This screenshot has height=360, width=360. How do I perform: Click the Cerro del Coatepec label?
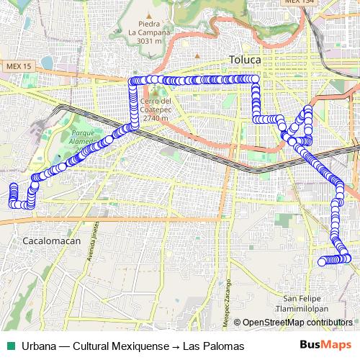pyautogui.click(x=156, y=105)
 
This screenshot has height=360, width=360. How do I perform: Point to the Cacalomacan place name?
pyautogui.click(x=52, y=240)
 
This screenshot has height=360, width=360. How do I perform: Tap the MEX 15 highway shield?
pyautogui.click(x=19, y=66)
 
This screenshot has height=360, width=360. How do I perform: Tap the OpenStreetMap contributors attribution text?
pyautogui.click(x=297, y=323)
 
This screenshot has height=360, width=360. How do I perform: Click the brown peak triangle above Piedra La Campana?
pyautogui.click(x=148, y=14)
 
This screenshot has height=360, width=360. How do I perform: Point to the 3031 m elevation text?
pyautogui.click(x=148, y=42)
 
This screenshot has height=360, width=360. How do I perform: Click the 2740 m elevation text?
pyautogui.click(x=156, y=118)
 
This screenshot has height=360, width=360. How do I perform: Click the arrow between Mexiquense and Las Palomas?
pyautogui.click(x=175, y=346)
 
